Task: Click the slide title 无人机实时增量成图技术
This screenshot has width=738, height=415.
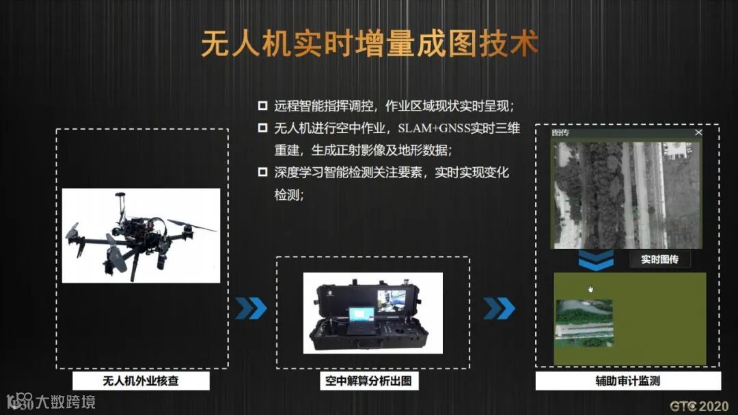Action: tap(370, 43)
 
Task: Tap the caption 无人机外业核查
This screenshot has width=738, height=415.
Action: tap(141, 381)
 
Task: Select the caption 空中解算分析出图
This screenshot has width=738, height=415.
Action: tap(368, 381)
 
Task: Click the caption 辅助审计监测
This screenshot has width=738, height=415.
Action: tap(628, 381)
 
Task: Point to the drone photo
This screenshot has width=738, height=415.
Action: tap(141, 236)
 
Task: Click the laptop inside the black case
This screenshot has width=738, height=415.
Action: tap(361, 320)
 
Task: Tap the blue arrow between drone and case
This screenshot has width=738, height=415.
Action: tap(251, 309)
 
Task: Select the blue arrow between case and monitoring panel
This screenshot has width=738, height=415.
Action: tap(500, 309)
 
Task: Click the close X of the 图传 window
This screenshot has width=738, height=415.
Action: tap(698, 132)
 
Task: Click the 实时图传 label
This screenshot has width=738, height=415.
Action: tap(660, 259)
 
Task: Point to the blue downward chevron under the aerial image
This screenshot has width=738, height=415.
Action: tap(596, 260)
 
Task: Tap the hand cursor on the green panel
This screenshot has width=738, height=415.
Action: tap(590, 289)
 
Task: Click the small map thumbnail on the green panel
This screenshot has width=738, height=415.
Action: tap(584, 324)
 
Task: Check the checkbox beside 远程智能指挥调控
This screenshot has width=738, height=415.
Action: tap(262, 106)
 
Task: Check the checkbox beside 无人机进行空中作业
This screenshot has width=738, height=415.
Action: tap(262, 128)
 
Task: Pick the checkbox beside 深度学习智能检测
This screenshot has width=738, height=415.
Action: tap(262, 172)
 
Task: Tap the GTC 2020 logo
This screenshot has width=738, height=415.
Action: tap(699, 405)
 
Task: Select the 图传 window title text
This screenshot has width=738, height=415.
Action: tap(560, 132)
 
